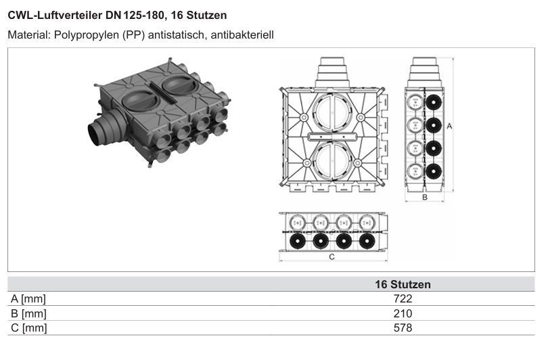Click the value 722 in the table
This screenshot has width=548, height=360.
tap(403, 299)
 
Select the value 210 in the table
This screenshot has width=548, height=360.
tap(403, 313)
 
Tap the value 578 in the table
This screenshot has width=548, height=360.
tap(403, 328)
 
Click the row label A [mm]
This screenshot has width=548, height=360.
tap(28, 299)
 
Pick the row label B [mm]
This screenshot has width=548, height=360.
tap(28, 313)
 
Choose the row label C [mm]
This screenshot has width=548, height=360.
tap(28, 328)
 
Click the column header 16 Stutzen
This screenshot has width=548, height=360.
tap(403, 284)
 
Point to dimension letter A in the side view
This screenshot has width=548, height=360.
tap(449, 126)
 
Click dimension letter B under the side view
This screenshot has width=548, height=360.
tap(425, 197)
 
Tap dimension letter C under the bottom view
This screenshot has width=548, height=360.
tap(332, 257)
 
